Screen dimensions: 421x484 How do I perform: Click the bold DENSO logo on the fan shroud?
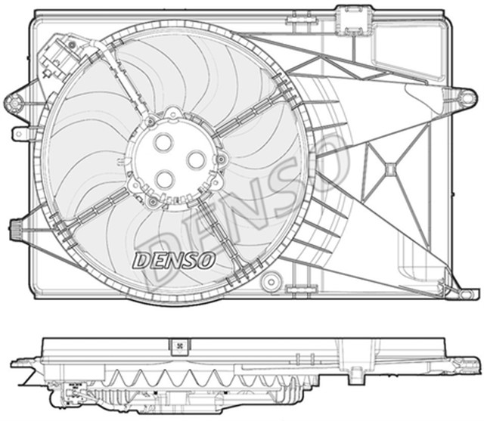point(174,259)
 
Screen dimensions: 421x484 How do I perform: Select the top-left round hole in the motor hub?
point(163,142)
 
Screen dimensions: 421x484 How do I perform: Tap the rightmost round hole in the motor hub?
point(196,159)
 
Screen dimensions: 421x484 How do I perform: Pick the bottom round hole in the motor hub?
point(165,178)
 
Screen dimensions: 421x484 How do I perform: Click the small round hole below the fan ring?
point(268,283)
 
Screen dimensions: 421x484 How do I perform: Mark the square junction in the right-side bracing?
point(390,169)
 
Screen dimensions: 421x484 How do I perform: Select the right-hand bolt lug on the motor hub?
point(222,159)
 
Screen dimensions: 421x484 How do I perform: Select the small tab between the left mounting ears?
point(18,133)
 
